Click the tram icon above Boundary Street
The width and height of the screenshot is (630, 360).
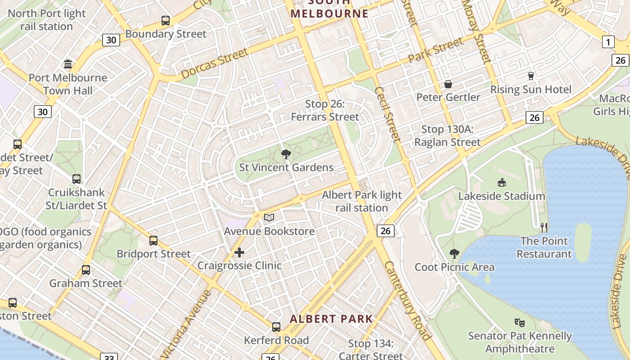(x=166, y=21)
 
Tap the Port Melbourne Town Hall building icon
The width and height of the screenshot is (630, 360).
(x=68, y=64)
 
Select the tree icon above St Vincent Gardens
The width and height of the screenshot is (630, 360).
(x=286, y=155)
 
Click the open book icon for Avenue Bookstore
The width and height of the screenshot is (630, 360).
(x=269, y=218)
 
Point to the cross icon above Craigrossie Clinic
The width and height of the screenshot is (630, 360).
(x=239, y=252)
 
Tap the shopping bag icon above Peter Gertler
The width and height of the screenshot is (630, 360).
(x=448, y=84)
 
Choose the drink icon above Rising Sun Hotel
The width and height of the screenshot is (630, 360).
(x=531, y=76)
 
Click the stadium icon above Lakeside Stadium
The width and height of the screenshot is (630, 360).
(x=502, y=182)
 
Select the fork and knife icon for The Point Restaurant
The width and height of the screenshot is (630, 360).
(x=544, y=227)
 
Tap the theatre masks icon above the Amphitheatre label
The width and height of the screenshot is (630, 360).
(x=520, y=322)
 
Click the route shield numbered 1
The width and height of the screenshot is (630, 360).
(x=608, y=42)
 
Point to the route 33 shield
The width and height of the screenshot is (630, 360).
(x=109, y=357)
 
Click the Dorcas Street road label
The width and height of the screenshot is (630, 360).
(x=215, y=63)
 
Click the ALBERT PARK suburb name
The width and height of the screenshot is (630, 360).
(x=331, y=319)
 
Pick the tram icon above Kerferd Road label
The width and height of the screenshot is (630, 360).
(x=276, y=327)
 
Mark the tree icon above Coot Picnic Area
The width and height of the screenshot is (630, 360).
(x=454, y=254)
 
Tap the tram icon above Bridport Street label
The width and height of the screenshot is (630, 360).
(x=153, y=240)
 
